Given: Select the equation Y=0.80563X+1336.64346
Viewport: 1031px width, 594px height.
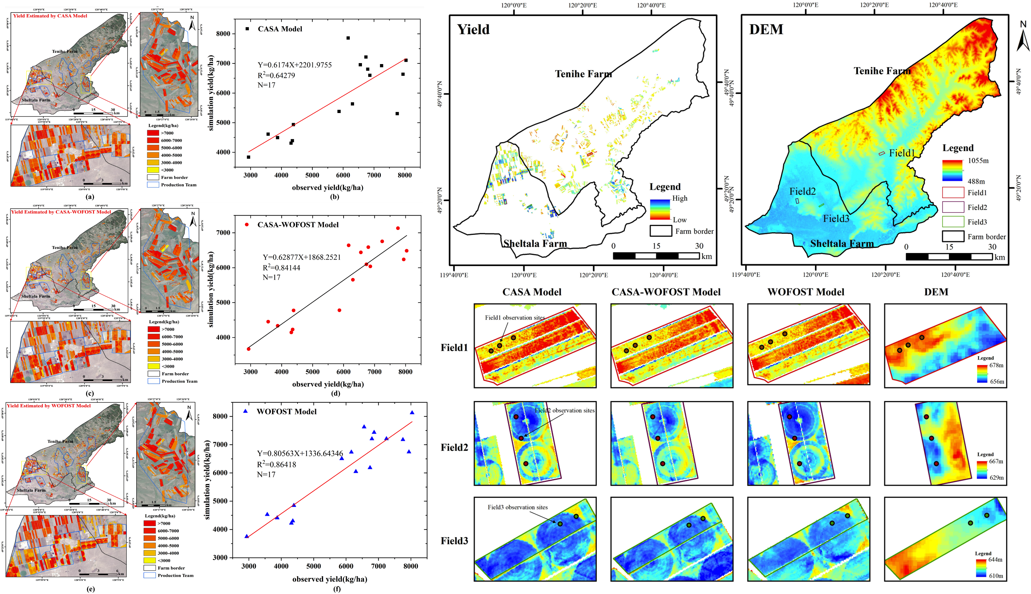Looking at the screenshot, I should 300,453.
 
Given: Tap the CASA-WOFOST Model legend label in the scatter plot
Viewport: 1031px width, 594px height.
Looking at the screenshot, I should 298,225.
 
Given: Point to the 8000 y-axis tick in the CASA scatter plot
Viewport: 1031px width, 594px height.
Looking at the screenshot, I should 223,34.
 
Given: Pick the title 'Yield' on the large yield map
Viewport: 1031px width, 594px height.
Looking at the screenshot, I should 473,29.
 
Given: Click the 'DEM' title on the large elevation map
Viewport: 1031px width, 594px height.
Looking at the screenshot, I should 766,29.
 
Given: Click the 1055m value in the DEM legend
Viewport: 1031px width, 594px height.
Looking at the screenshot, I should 978,161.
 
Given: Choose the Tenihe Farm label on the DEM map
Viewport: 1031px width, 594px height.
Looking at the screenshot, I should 882,71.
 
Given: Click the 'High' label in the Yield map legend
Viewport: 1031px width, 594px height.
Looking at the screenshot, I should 680,198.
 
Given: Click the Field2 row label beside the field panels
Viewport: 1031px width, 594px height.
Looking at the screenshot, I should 454,447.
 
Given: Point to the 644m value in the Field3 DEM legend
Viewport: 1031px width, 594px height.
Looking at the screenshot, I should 995,559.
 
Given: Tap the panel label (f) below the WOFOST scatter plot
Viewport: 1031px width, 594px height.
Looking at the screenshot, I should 337,589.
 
